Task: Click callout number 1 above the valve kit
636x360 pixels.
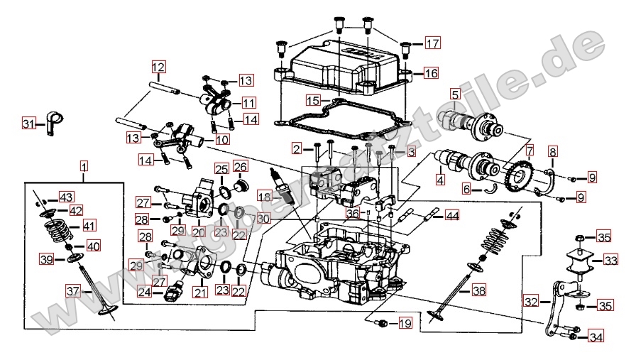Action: point(84,167)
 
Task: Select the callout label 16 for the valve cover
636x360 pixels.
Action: point(432,72)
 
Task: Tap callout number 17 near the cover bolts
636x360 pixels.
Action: point(432,44)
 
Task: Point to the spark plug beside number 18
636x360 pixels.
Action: point(285,185)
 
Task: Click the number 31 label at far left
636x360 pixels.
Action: point(28,124)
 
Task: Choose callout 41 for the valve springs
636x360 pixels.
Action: point(89,226)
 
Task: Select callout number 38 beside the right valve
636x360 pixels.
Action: point(479,290)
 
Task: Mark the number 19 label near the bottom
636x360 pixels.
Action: point(404,324)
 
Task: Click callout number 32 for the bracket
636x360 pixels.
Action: point(531,301)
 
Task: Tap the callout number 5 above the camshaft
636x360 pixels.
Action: point(454,94)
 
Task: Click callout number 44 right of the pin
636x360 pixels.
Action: point(451,214)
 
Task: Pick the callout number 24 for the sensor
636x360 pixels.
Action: point(145,292)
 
